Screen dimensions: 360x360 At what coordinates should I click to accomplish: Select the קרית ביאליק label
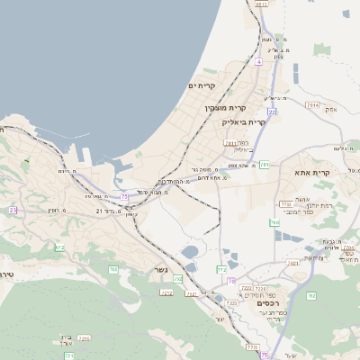point(246,121)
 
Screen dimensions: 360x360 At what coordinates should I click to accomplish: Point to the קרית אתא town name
point(312,172)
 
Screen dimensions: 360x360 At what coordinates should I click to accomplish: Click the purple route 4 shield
point(257,62)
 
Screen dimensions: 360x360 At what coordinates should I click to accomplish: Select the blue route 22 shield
point(271,111)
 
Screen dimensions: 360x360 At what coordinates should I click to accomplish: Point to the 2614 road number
point(312,105)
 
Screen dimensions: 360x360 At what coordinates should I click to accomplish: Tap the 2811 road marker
point(230,143)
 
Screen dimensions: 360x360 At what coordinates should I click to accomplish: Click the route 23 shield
point(13,210)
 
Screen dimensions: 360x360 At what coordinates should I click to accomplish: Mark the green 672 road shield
point(59,247)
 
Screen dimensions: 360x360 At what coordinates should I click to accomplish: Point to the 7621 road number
point(292,263)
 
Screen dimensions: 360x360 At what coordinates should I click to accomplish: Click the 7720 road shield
point(252,346)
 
